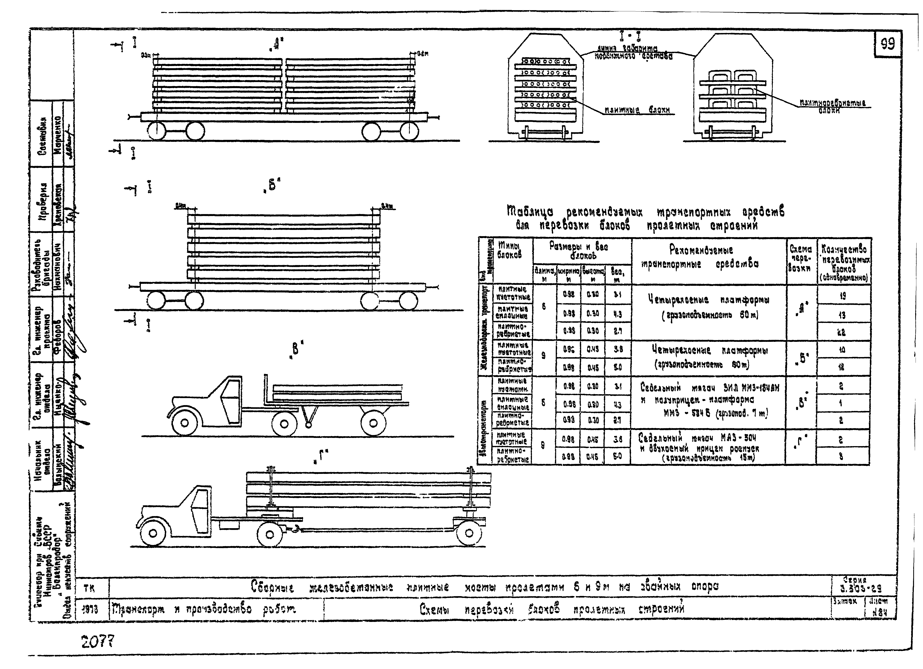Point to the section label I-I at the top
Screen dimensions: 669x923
pyautogui.click(x=630, y=37)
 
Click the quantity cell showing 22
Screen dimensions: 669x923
pyautogui.click(x=841, y=332)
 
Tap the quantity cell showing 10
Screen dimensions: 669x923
pyautogui.click(x=841, y=349)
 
